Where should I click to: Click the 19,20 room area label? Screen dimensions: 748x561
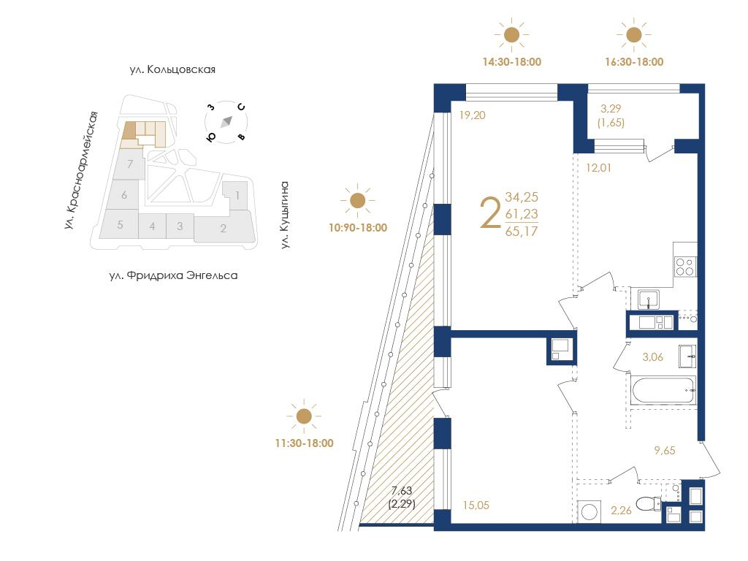click(x=473, y=115)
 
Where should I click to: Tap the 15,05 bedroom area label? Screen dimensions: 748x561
click(x=476, y=505)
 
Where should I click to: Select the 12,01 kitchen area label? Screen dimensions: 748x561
click(x=598, y=168)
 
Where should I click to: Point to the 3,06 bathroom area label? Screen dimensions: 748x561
click(x=652, y=356)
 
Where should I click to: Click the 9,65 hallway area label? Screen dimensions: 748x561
click(x=665, y=450)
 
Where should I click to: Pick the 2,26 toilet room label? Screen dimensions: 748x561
click(x=621, y=511)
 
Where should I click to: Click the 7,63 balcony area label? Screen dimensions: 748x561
click(x=401, y=490)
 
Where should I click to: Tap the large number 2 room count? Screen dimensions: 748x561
click(x=490, y=214)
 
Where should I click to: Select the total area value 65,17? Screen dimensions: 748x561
click(x=522, y=232)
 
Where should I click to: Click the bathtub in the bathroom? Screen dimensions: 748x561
click(x=663, y=391)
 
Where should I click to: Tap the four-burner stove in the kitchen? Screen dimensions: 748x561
click(x=685, y=267)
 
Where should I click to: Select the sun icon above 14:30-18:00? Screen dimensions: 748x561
click(x=511, y=35)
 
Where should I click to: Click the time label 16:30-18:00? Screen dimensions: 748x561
click(x=634, y=62)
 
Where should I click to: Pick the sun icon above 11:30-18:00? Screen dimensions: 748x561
click(x=304, y=416)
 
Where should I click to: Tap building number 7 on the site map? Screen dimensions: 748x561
click(x=130, y=164)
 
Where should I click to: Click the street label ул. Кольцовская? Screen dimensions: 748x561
click(x=172, y=69)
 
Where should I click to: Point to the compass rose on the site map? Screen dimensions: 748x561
click(x=226, y=122)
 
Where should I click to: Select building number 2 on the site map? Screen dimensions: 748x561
click(x=224, y=229)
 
